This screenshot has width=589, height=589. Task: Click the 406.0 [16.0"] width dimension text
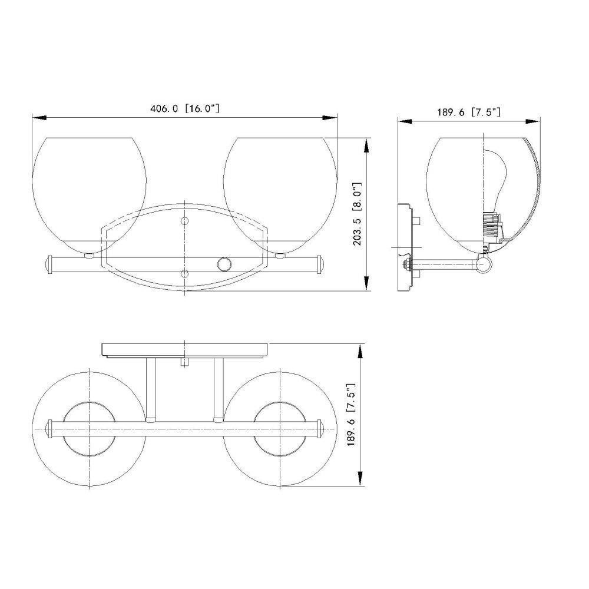coord(184,108)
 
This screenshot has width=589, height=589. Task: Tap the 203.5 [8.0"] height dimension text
coord(358,214)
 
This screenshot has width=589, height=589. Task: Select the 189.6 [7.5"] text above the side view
coord(469,112)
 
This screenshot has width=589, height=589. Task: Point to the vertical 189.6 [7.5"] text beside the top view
coord(351,415)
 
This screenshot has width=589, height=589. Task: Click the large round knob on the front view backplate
coord(224,264)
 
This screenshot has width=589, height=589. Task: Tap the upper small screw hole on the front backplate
coord(184,221)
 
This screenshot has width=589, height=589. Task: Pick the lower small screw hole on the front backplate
coord(184,273)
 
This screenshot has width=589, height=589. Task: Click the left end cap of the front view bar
coord(48,265)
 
